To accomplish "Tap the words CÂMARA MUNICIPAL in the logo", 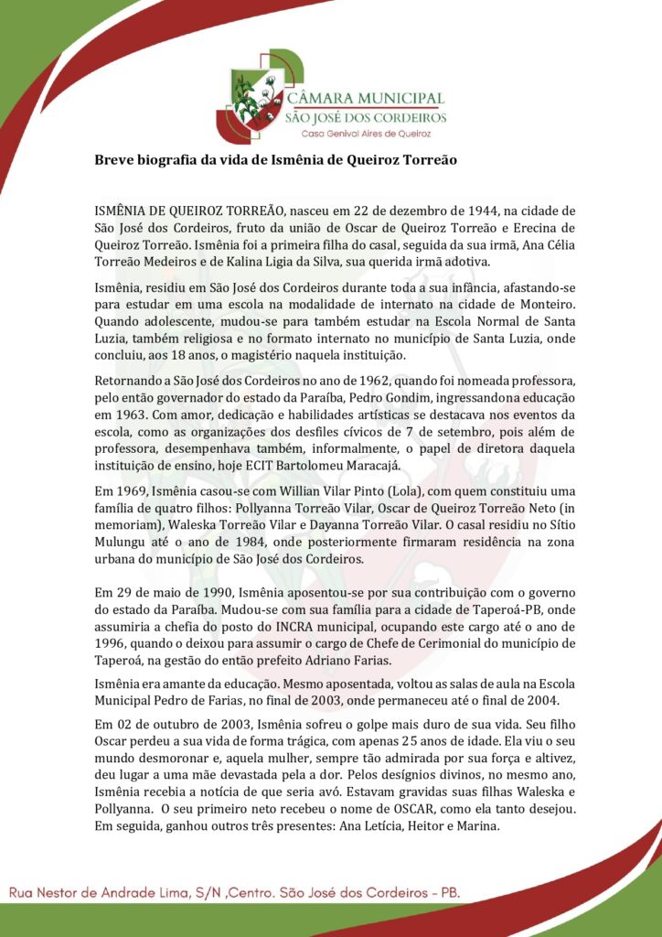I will point(365,98).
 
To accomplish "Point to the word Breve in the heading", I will point(113,159).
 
